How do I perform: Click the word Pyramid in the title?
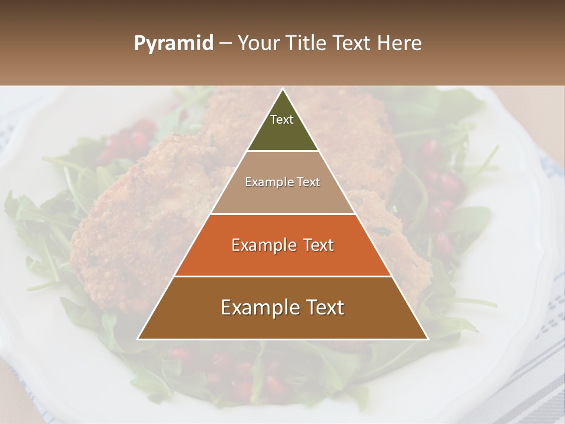[173, 44]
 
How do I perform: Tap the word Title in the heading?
[305, 44]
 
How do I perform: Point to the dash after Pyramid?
[225, 44]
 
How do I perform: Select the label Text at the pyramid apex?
[282, 120]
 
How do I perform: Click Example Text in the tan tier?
[282, 182]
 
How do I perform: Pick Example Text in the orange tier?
[282, 245]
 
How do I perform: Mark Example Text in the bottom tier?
[282, 307]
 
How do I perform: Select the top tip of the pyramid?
[282, 90]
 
